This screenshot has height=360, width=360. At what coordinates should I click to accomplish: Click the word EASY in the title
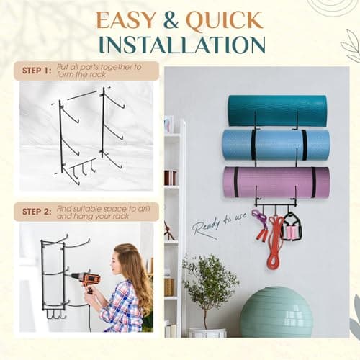tap(126, 20)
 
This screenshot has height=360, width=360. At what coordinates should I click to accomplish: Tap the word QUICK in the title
tap(225, 21)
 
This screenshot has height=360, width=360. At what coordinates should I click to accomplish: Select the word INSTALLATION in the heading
tap(182, 45)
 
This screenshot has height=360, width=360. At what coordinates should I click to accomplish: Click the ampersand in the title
tap(171, 20)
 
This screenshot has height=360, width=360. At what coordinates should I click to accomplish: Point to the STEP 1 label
tap(37, 71)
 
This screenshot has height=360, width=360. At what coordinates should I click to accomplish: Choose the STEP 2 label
tap(37, 212)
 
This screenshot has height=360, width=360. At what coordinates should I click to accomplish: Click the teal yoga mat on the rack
tap(277, 111)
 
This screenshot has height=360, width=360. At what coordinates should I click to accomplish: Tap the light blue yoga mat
tap(276, 145)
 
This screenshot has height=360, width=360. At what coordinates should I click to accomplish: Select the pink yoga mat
tap(276, 182)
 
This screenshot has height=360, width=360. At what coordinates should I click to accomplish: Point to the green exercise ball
tap(276, 312)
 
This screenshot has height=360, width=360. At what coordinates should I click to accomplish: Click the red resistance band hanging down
tap(275, 243)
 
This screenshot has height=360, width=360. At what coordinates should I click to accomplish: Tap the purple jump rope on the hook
tap(259, 225)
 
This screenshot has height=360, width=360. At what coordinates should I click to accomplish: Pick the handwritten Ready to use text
tap(219, 225)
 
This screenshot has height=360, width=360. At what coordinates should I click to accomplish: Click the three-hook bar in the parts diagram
tap(81, 167)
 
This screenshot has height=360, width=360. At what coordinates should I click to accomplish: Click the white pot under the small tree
tap(207, 333)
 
